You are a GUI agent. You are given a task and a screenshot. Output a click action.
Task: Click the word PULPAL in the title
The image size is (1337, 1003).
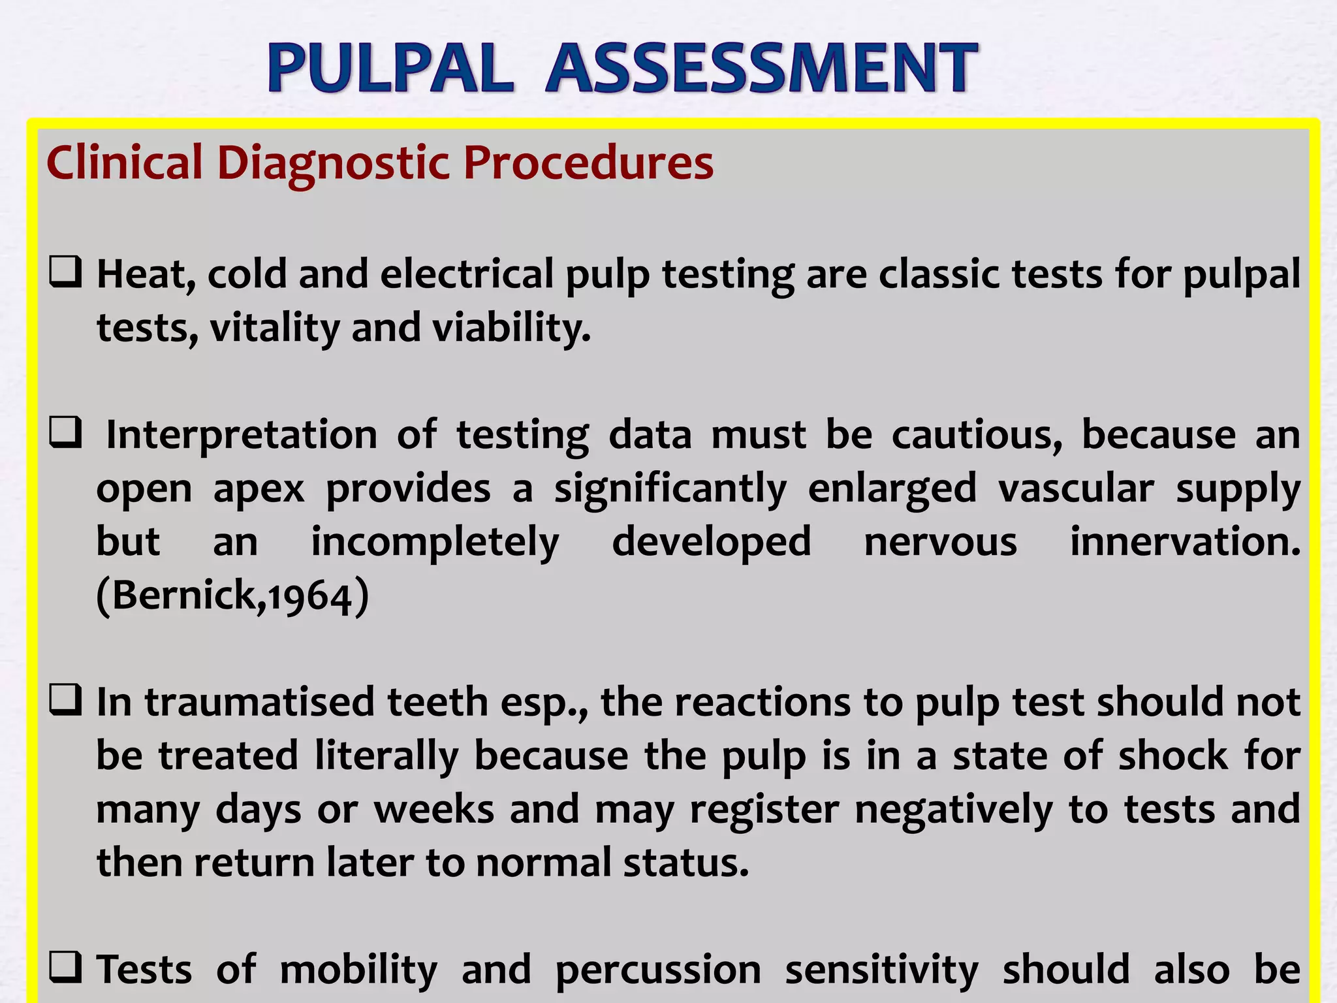tap(390, 68)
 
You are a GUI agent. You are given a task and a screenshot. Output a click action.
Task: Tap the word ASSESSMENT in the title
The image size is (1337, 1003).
tap(761, 68)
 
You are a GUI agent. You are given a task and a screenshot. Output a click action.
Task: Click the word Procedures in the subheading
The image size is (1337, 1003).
tap(588, 163)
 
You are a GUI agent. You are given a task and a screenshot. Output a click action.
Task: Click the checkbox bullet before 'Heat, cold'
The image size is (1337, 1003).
tap(65, 272)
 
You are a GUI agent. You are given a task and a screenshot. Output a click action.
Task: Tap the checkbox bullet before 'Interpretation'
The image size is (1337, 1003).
tap(65, 433)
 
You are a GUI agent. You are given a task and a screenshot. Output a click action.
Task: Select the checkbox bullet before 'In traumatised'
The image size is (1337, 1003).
tap(65, 700)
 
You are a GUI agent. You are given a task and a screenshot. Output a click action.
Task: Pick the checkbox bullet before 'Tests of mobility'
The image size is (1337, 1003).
tap(65, 968)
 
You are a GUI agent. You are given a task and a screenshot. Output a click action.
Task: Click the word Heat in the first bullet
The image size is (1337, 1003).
tap(146, 274)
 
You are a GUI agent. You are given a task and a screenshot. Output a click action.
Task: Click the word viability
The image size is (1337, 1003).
tap(511, 328)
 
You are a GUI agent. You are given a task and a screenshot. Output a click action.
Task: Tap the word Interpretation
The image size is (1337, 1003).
tap(242, 435)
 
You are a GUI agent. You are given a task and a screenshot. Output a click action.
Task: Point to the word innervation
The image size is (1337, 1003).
tap(1185, 542)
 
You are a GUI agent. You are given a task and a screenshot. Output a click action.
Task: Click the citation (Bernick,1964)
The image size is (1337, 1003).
tap(232, 596)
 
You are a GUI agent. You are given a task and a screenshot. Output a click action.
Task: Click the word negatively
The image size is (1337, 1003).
tap(954, 810)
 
